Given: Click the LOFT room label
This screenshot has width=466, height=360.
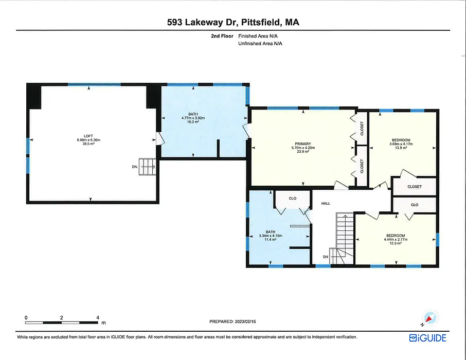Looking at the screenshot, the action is [88, 136].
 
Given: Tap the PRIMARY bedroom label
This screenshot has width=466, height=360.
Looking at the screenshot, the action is [303, 144].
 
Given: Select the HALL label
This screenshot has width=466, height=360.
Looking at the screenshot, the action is [326, 204].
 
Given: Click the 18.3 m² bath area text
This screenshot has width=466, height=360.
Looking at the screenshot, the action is [193, 121].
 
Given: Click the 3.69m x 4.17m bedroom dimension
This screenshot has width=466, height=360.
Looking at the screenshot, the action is [401, 144].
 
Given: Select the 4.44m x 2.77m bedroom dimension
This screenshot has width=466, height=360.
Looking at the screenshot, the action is [396, 239].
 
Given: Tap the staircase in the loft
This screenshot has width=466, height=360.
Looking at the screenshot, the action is [148, 167].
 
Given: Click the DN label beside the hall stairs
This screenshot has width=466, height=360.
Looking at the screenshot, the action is [326, 257].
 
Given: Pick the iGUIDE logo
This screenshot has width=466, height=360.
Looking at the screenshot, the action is [427, 338].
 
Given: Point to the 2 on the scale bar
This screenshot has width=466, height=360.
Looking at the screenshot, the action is [62, 317].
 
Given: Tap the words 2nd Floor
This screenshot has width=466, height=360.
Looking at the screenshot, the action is [222, 36].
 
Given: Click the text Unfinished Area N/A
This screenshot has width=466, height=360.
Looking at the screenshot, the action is [260, 44].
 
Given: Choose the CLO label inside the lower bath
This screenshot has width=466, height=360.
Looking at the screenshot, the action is [293, 199].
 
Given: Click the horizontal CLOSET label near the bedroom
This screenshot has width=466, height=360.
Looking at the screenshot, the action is [414, 187].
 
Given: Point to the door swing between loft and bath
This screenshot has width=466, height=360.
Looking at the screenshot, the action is [160, 138].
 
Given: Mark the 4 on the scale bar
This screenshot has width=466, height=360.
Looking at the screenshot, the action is [98, 317].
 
